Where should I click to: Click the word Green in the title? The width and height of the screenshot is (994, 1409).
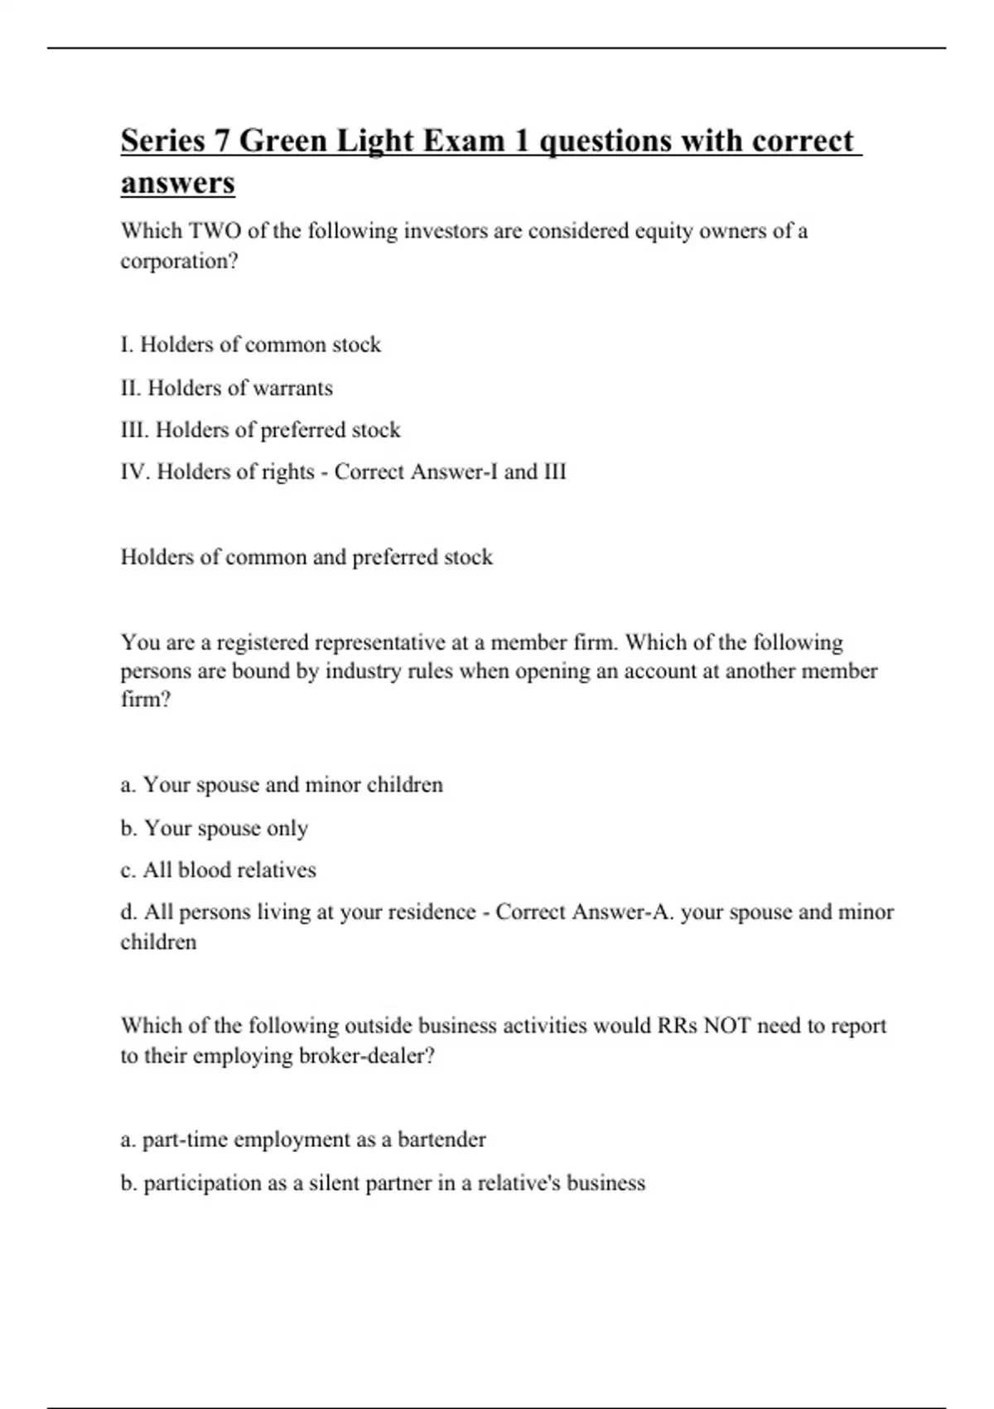tap(283, 141)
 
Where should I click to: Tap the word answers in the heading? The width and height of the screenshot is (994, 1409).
tap(177, 182)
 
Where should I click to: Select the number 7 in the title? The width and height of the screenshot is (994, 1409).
tap(221, 141)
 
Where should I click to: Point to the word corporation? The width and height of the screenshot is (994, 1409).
tap(179, 261)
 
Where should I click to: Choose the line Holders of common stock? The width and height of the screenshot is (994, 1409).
tap(250, 345)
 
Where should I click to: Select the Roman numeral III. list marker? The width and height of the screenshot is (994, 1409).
tap(135, 430)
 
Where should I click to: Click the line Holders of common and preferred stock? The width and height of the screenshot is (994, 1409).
tap(306, 557)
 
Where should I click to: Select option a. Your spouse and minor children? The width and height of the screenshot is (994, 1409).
tap(282, 785)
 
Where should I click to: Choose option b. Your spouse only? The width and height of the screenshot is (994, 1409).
tap(215, 828)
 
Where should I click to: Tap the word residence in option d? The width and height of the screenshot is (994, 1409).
tap(431, 913)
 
